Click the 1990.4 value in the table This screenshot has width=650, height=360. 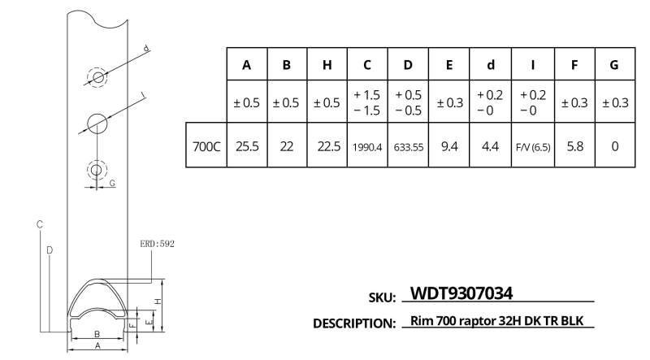(x=367, y=147)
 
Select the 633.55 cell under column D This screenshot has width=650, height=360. (x=409, y=147)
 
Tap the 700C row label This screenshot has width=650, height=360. (x=206, y=146)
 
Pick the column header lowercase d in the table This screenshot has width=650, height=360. (x=491, y=65)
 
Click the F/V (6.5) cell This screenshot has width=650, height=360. (x=533, y=147)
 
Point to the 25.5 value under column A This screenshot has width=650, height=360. (x=247, y=146)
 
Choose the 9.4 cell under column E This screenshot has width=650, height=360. (x=449, y=146)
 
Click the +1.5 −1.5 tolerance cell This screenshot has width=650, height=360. (x=367, y=102)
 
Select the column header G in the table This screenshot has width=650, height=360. (x=614, y=65)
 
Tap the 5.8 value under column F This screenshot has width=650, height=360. (x=575, y=146)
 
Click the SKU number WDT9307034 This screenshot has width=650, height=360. (x=461, y=293)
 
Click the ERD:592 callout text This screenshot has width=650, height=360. (x=157, y=244)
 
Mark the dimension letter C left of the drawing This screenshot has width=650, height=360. (x=40, y=224)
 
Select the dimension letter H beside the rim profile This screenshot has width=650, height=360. (x=158, y=301)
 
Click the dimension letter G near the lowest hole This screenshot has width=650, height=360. (x=112, y=183)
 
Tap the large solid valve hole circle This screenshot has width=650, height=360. (x=97, y=124)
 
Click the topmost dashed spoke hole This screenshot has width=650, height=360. (x=97, y=77)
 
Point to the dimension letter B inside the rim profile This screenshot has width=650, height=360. (x=97, y=334)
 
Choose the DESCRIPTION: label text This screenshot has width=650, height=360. (x=354, y=323)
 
